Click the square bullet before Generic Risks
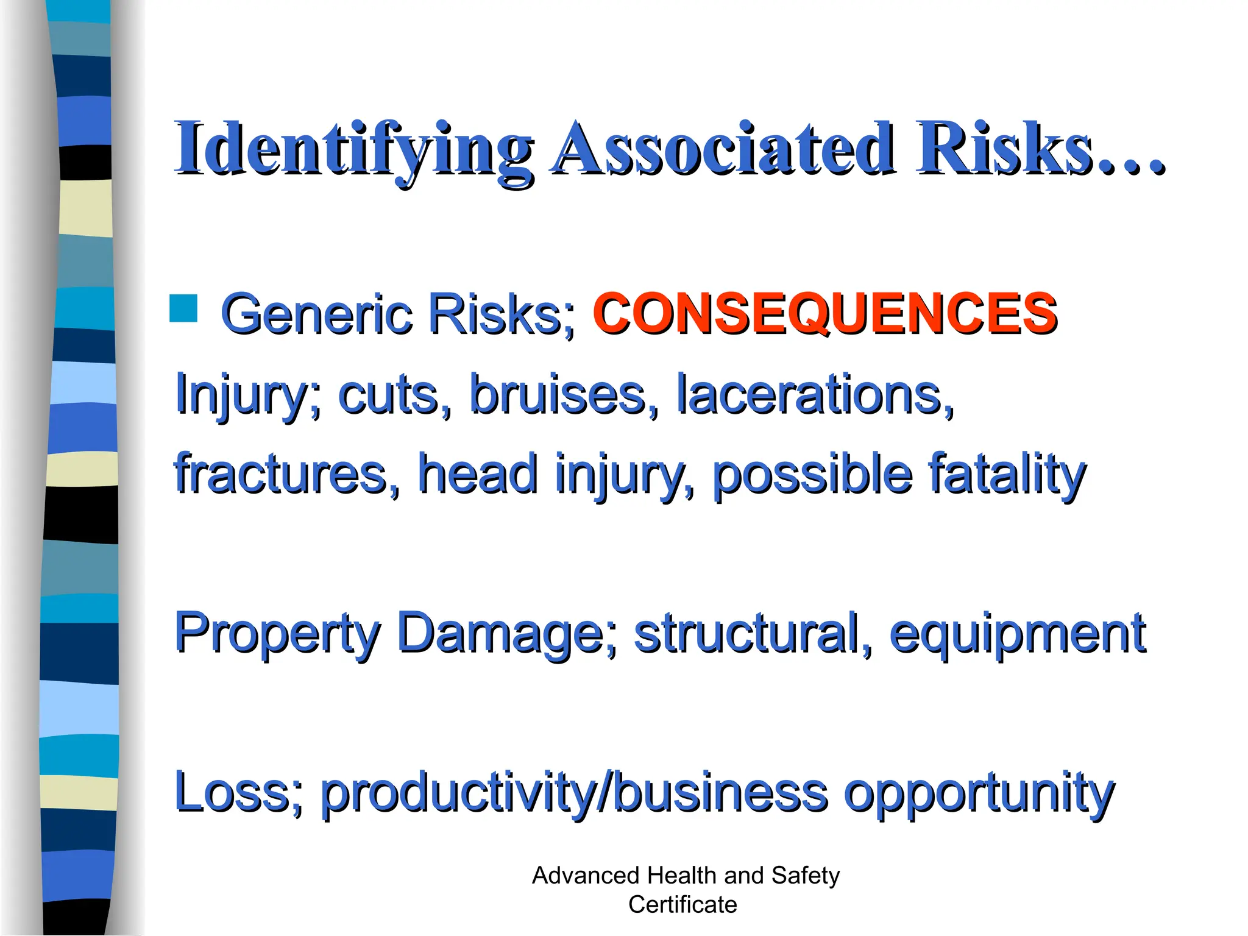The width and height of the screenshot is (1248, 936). click(x=183, y=308)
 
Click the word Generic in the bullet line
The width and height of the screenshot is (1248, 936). click(x=317, y=313)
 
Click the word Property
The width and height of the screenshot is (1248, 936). click(x=278, y=634)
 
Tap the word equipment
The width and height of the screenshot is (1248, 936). click(x=1017, y=634)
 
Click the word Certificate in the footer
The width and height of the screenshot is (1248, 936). click(x=682, y=905)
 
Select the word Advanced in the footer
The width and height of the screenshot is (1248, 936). click(x=586, y=876)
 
